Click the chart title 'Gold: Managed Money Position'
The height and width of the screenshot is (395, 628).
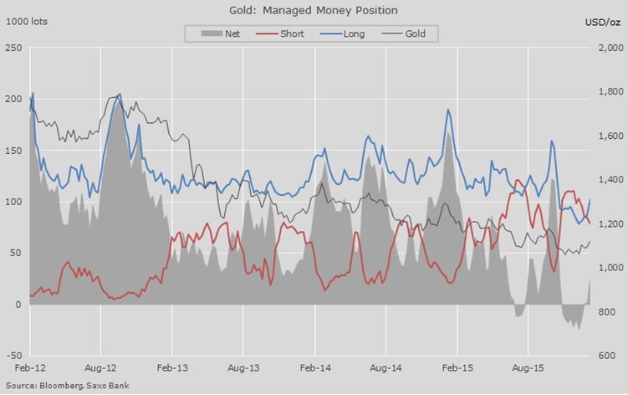point(313,11)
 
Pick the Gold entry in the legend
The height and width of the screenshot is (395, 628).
point(406,33)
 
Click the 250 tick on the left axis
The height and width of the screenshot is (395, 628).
point(14,48)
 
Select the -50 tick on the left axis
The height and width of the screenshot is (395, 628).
point(14,356)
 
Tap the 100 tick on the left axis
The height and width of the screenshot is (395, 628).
point(14,202)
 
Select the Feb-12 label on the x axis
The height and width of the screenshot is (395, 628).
point(29,368)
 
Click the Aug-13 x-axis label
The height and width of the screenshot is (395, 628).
point(243,368)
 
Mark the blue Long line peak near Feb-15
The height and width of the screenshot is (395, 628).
point(448,110)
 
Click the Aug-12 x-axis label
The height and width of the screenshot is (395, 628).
point(100,368)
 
